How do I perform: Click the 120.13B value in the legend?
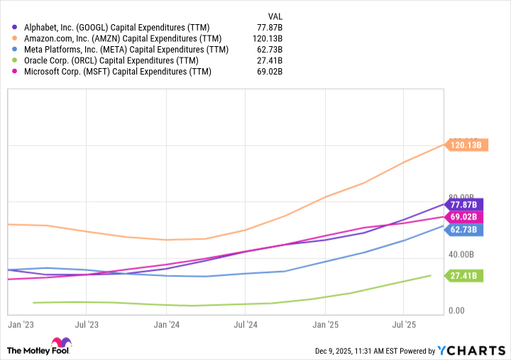click(x=267, y=38)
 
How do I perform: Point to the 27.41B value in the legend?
click(x=269, y=60)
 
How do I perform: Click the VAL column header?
click(x=275, y=16)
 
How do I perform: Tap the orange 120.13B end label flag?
click(x=466, y=145)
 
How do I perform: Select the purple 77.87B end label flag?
click(x=466, y=204)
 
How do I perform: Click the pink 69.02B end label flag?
click(x=466, y=217)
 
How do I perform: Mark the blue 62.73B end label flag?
click(x=466, y=229)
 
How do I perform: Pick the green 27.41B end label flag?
click(x=466, y=276)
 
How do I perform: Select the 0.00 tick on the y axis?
click(x=456, y=311)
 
